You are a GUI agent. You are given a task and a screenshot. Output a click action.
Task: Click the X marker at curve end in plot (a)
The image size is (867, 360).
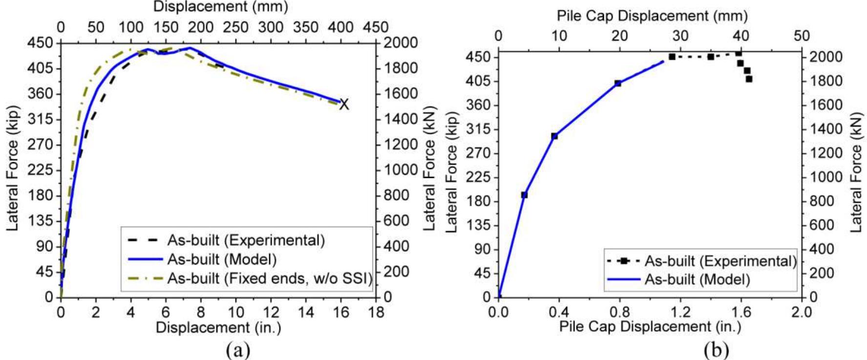344,104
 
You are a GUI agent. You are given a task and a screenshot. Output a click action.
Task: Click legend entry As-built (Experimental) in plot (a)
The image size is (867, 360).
246,240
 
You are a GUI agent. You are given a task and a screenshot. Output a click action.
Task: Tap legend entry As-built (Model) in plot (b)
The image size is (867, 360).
697,279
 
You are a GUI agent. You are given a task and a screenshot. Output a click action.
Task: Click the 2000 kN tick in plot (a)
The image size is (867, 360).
401,43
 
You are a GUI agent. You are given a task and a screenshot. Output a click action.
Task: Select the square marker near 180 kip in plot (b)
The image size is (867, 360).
524,195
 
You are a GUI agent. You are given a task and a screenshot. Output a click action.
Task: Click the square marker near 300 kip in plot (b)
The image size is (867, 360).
554,136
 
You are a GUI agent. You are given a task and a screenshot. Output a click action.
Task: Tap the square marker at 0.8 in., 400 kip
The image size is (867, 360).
617,84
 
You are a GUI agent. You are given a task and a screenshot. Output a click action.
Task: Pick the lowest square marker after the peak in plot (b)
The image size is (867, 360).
749,79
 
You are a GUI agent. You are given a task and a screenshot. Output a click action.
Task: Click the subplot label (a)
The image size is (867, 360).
238,350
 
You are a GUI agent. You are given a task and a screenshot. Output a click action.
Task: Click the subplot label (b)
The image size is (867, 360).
717,350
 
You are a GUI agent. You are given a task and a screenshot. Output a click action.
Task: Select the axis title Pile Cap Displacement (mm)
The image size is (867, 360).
652,16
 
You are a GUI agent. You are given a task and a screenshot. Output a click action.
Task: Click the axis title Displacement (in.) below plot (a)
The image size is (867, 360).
218,327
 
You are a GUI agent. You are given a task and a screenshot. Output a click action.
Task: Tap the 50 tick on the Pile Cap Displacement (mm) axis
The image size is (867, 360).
802,36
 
